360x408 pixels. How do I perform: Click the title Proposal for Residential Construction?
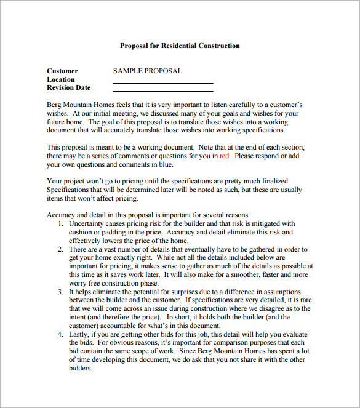point(180,46)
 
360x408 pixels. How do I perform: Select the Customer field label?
point(62,71)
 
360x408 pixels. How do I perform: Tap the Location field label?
point(60,79)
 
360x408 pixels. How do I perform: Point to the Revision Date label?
point(68,88)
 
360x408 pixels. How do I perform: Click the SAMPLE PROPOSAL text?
point(147,71)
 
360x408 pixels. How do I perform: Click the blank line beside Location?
point(162,82)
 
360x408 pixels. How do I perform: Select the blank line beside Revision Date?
point(162,90)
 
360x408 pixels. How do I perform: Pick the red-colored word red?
point(224,156)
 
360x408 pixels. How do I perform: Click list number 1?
point(60,223)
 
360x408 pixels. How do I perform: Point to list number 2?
point(60,249)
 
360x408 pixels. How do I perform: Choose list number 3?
point(60,292)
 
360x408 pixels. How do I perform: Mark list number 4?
point(60,334)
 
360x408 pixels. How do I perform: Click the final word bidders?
point(81,368)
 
